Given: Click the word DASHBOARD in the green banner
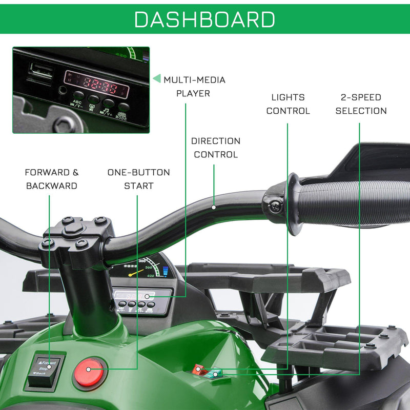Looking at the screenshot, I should pyautogui.click(x=204, y=19).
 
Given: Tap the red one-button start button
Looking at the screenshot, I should pyautogui.click(x=90, y=370).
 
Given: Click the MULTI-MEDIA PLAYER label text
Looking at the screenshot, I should pyautogui.click(x=194, y=87).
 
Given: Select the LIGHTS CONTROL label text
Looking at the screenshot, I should pyautogui.click(x=288, y=104).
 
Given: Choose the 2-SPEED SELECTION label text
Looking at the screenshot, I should pyautogui.click(x=361, y=104).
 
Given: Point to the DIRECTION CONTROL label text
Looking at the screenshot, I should pyautogui.click(x=215, y=147).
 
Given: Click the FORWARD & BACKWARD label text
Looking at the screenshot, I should pyautogui.click(x=51, y=179).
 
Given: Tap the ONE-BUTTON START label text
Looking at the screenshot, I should pyautogui.click(x=138, y=179).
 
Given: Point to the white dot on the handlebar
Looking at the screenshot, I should pyautogui.click(x=214, y=208).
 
